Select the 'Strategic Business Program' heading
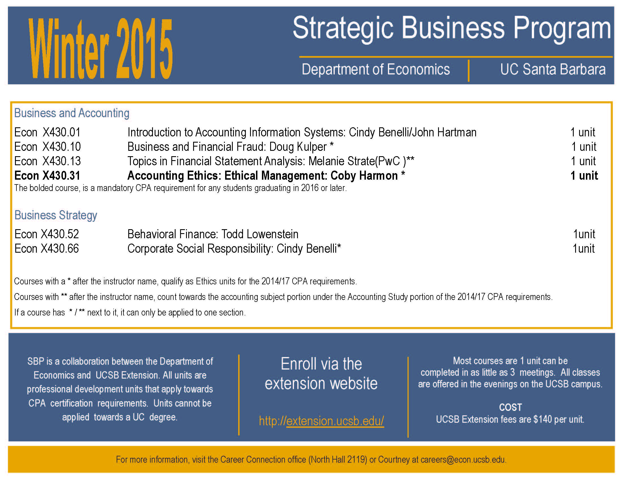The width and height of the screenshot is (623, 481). click(452, 29)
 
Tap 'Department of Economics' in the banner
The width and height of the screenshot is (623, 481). click(376, 70)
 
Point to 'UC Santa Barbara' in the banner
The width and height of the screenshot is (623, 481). click(552, 70)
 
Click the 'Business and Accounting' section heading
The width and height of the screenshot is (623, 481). click(72, 113)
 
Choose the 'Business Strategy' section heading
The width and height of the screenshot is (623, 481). click(56, 215)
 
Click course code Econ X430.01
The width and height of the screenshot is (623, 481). click(47, 132)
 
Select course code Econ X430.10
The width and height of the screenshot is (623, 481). click(47, 147)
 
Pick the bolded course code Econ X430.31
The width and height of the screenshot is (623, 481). click(47, 175)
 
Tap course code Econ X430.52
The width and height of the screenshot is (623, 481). click(46, 234)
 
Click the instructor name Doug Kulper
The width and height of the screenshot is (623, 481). click(298, 147)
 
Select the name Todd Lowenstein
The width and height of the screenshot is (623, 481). click(260, 234)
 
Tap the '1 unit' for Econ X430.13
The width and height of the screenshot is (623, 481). click(583, 161)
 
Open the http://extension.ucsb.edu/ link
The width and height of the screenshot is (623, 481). click(321, 421)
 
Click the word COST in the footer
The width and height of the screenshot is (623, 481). click(510, 407)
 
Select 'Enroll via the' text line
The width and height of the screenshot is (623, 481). click(321, 364)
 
